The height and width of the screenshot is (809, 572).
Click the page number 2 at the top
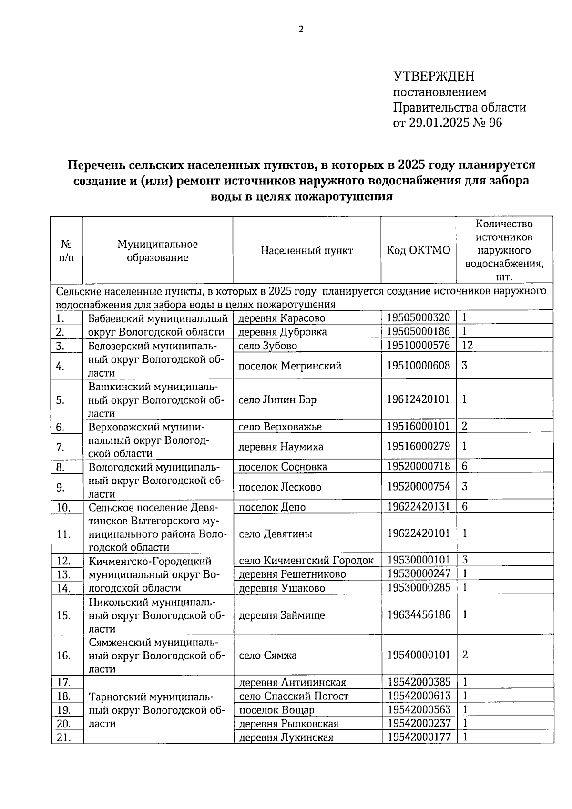301,30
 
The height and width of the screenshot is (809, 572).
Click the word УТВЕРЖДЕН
434,76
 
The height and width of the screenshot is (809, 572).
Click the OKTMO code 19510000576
418,345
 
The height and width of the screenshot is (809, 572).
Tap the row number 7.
60,447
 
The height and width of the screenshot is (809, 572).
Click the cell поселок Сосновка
283,467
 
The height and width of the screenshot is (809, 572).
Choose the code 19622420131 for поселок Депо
419,506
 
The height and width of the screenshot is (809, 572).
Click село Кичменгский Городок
306,561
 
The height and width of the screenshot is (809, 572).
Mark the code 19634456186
419,614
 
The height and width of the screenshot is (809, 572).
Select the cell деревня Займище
282,615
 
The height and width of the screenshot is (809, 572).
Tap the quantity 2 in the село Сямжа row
465,655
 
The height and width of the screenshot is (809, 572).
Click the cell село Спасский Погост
294,696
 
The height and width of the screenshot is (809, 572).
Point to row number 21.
63,737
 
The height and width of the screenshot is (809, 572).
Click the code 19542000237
419,723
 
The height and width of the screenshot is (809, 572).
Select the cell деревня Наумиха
281,447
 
